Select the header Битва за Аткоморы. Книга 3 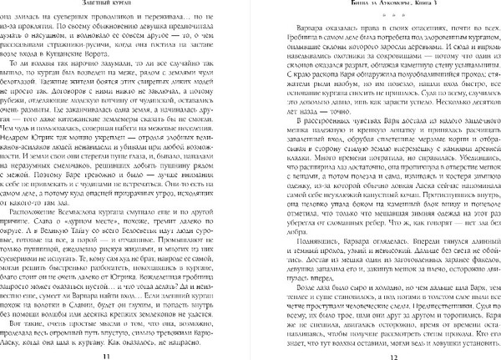point(384,4)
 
